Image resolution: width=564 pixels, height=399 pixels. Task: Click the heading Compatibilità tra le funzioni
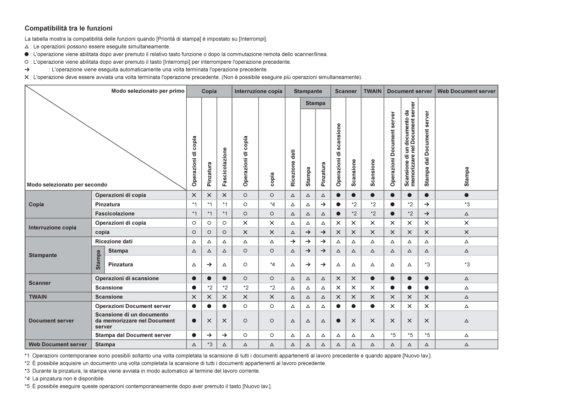(x=69, y=29)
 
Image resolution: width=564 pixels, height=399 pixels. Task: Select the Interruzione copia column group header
(x=259, y=91)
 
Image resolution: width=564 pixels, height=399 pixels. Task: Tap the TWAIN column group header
(x=372, y=91)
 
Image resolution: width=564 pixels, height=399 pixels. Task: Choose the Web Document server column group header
(x=466, y=91)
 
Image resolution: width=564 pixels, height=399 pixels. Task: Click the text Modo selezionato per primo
(x=148, y=91)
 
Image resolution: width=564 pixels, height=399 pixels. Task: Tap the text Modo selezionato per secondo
(x=67, y=185)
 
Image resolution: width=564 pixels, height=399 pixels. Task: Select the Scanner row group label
(x=39, y=283)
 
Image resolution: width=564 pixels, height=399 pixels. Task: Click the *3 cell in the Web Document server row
(x=210, y=344)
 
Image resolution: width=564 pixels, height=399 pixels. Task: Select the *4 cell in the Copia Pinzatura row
(x=272, y=204)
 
